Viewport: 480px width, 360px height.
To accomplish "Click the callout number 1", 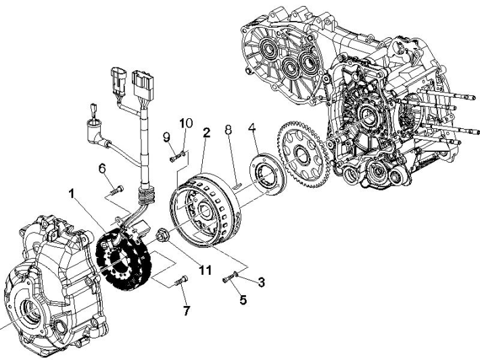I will coord(71,192).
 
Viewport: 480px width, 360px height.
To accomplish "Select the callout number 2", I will coord(206,132).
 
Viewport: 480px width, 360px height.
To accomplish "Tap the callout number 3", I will coord(260,282).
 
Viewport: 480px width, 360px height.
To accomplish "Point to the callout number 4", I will coord(251,127).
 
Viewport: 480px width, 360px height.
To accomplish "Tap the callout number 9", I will coord(166,136).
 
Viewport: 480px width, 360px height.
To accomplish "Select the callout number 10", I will coord(186,123).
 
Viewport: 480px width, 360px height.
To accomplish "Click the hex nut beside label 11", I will coord(163,236).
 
